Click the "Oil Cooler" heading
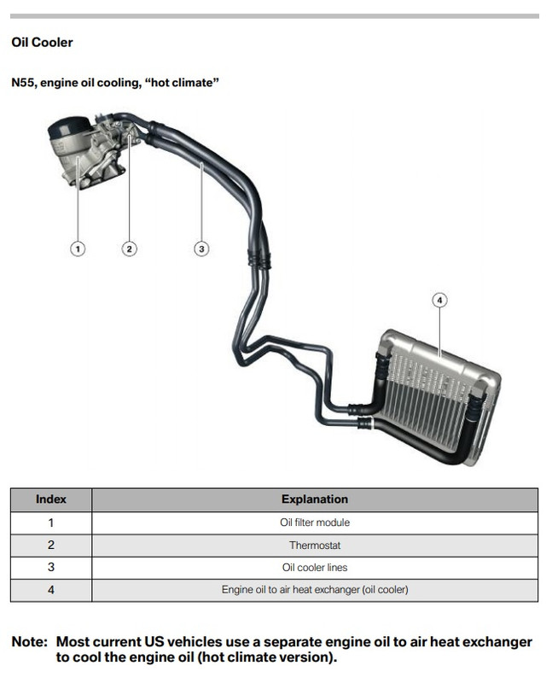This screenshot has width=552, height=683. [42, 42]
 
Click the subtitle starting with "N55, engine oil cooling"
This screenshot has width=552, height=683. [115, 82]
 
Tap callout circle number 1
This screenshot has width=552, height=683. [78, 249]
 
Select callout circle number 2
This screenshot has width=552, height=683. [130, 249]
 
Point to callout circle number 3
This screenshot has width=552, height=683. [201, 249]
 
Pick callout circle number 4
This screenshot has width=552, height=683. [439, 301]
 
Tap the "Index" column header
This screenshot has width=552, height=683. [51, 499]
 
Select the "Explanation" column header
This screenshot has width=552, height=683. [315, 499]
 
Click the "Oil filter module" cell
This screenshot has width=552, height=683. [315, 522]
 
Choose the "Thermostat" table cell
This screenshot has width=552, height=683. [315, 545]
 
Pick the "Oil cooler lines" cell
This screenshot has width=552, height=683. [315, 568]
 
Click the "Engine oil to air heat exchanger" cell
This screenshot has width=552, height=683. [315, 590]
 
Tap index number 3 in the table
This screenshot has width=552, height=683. [51, 567]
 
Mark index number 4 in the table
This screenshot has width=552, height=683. [51, 590]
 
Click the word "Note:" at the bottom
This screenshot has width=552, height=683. [30, 642]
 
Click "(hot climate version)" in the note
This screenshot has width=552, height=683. [267, 657]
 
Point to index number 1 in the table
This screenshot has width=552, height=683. [51, 522]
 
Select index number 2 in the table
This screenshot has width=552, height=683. [51, 545]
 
